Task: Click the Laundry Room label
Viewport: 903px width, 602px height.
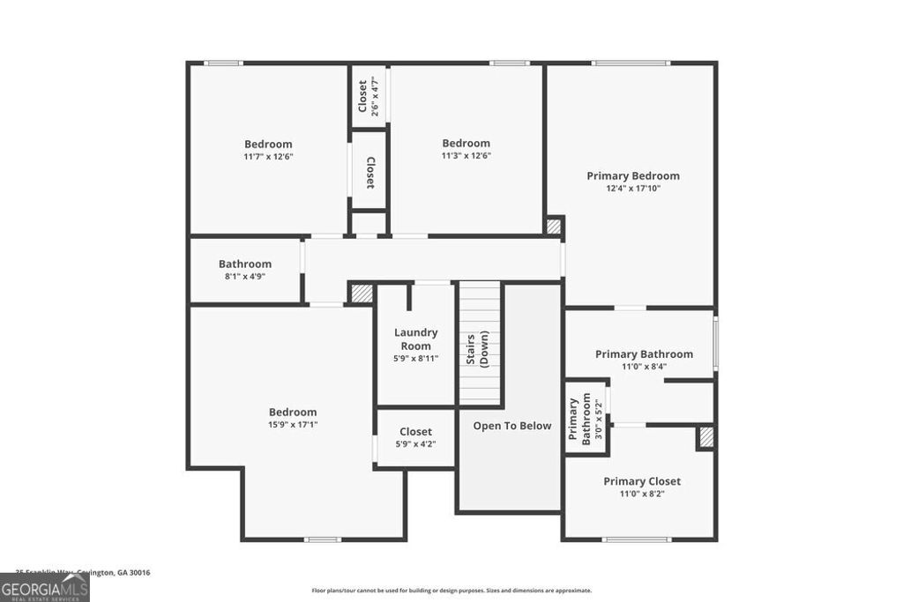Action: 415,339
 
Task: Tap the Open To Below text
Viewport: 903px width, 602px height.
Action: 511,426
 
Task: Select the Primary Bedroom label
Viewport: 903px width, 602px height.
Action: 633,175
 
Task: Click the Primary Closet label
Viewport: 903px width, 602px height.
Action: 642,481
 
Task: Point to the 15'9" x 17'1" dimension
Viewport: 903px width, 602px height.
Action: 293,425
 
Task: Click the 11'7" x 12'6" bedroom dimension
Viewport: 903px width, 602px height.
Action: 268,157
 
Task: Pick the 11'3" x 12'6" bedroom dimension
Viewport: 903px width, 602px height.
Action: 466,156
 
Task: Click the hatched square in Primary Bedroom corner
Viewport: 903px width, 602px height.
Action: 553,227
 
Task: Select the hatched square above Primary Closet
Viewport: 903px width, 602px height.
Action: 705,437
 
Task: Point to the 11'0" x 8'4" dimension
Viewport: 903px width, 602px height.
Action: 644,367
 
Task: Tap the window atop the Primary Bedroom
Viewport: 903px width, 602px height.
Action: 631,63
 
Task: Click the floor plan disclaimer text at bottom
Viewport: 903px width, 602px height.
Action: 451,591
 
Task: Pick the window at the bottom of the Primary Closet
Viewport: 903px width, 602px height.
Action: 637,539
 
